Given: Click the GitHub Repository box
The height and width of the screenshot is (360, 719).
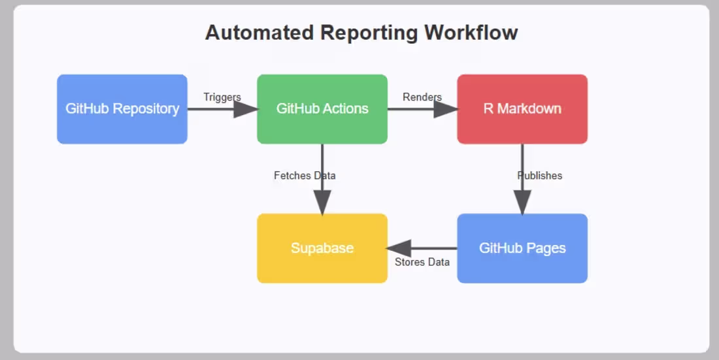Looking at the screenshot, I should pos(122,108).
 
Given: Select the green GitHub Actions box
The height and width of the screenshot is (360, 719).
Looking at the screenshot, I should pos(322,108).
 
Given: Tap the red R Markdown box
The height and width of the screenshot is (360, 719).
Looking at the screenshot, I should pos(522,108).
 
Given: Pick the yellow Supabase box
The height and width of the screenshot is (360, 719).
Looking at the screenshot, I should pos(322,248).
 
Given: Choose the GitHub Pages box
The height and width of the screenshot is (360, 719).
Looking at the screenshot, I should pos(522,248).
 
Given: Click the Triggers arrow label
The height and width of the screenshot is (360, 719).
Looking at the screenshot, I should pos(222,97).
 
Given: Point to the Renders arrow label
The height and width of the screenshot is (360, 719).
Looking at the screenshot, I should pos(422,97).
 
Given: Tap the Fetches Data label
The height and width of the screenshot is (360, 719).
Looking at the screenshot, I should pos(305,176).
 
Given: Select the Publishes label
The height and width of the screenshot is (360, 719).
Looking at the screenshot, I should pos(540,176).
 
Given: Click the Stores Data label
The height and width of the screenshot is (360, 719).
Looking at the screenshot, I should pos(422,262).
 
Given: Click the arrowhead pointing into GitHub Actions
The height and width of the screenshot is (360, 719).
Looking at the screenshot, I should pos(246,109).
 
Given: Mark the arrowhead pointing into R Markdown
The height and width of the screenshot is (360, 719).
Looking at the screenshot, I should pos(446,109).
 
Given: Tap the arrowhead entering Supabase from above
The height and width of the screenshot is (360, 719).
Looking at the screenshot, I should pos(322,203).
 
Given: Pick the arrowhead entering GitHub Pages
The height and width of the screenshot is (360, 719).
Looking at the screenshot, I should pos(522,203).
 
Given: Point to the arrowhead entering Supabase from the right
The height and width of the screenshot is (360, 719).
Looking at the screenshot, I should pos(399,248).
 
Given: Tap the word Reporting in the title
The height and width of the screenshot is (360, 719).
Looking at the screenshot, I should pos(369,33).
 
